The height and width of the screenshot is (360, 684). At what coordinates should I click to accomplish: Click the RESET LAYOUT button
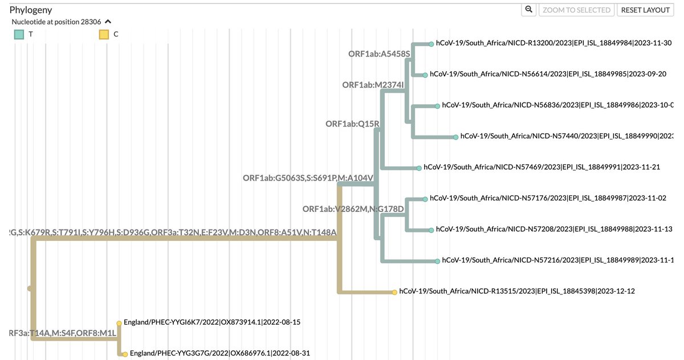tap(645, 10)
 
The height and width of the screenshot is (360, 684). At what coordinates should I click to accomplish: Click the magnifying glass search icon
tap(528, 10)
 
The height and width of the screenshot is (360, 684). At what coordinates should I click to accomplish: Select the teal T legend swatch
tap(19, 34)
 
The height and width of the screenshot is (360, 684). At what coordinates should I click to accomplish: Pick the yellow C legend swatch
tap(104, 34)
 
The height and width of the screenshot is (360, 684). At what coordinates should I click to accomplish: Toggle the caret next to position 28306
tap(108, 22)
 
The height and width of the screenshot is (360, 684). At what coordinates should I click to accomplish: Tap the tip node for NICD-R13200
tap(430, 43)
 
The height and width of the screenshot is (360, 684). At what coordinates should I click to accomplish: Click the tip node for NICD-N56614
tap(425, 75)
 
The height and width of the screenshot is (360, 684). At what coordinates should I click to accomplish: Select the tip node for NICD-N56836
tap(437, 106)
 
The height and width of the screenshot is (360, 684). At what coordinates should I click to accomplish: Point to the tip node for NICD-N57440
tap(455, 137)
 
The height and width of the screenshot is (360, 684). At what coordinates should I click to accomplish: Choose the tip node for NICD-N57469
tap(419, 168)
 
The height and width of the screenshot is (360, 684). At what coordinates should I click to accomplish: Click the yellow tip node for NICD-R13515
tap(394, 292)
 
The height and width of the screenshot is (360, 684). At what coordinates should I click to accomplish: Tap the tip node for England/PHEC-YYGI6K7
tap(119, 322)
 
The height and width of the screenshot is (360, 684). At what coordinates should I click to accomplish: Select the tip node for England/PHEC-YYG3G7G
tap(125, 354)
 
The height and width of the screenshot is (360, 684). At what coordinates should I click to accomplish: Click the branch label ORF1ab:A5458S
tap(379, 54)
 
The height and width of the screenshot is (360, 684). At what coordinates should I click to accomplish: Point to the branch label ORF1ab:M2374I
tap(373, 85)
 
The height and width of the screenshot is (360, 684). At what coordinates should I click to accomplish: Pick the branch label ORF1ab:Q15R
tap(352, 124)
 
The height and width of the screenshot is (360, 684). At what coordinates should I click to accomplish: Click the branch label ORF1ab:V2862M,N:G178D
tap(353, 209)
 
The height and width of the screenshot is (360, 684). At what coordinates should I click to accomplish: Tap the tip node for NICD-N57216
tap(437, 261)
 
